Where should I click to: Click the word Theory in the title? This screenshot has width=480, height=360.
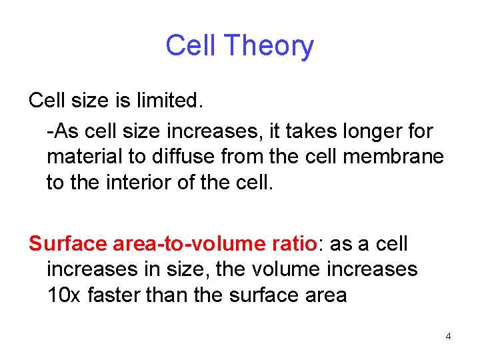tap(269, 47)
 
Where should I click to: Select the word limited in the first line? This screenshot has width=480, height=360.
tap(169, 101)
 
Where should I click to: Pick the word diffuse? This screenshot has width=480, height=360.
tap(177, 157)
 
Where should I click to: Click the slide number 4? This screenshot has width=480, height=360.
tap(448, 336)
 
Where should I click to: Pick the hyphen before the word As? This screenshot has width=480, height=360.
tap(49, 132)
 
